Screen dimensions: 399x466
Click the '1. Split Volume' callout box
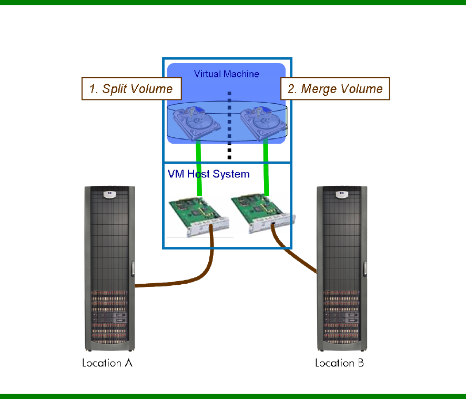tap(131, 89)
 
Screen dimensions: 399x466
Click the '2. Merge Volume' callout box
tap(335, 89)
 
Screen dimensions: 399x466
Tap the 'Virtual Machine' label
tap(226, 74)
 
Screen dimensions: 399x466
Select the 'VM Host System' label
tap(208, 173)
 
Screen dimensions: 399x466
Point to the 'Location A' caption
tap(107, 363)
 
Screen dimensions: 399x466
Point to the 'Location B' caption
tap(339, 363)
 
